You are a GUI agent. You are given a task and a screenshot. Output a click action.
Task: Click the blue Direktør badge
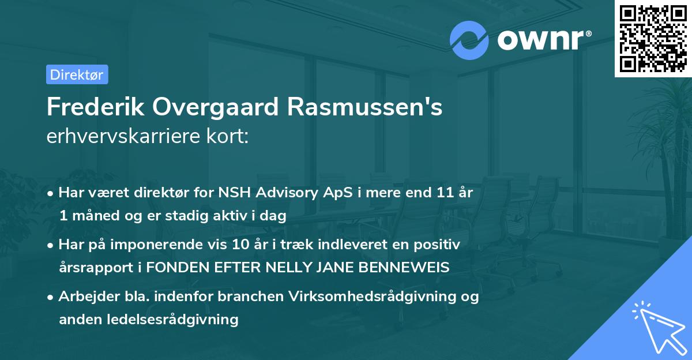coord(77,74)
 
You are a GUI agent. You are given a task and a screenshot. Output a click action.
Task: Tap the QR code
coord(652,37)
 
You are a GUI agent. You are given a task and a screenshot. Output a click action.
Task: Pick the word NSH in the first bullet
coord(228,193)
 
